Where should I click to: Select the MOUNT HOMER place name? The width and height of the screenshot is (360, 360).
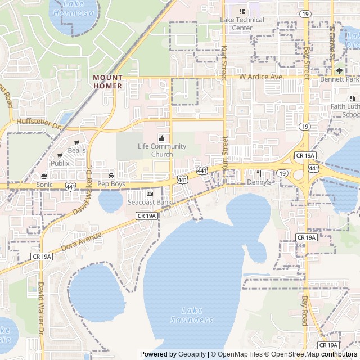tap(107, 82)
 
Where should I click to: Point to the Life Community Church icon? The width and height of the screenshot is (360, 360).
tap(162, 138)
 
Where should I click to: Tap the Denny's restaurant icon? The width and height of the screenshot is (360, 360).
tap(259, 173)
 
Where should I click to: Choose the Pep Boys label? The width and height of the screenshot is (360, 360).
tap(111, 184)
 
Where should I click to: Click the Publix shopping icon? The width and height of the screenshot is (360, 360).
tap(59, 155)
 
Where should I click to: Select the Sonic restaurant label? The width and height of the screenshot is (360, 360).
tap(44, 184)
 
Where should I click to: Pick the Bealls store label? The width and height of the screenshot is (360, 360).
tap(76, 150)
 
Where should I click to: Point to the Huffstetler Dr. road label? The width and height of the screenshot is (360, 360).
tap(38, 121)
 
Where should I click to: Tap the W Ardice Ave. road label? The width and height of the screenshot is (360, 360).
tap(260, 76)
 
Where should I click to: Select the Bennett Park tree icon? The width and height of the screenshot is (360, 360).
tap(339, 71)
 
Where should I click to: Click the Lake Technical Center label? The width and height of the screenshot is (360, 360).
tap(242, 24)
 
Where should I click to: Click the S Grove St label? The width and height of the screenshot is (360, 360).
tap(332, 42)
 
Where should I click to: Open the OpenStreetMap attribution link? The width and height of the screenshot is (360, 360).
tap(291, 354)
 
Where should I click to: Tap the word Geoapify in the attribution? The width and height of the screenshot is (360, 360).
tap(193, 354)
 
